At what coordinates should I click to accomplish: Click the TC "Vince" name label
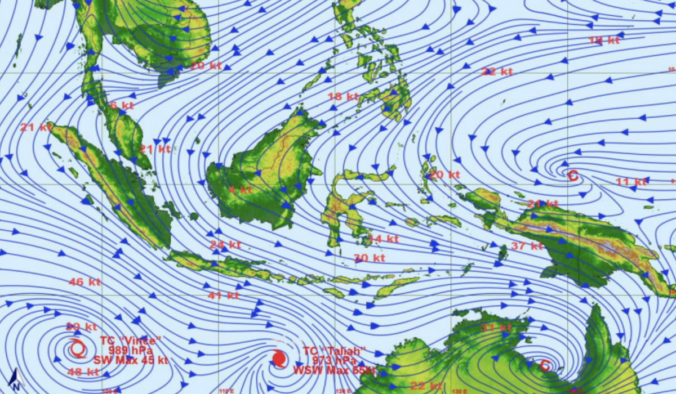tap(131, 341)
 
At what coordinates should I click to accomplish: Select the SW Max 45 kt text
tap(131, 360)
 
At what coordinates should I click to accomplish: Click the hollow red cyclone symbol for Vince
tap(78, 349)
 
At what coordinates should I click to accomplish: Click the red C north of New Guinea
tap(573, 176)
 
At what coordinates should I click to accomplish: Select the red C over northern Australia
tap(545, 365)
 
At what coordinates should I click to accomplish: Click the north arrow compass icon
tap(17, 380)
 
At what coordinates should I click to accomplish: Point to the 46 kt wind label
tap(84, 281)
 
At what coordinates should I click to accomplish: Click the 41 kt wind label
tap(224, 295)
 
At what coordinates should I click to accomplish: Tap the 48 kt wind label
tap(83, 371)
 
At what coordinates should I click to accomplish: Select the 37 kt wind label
tap(527, 245)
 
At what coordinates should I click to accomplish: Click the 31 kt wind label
tap(496, 328)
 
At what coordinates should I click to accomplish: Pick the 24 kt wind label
tap(225, 245)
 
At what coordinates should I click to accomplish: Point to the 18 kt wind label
tap(343, 96)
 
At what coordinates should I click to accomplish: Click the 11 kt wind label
tap(631, 181)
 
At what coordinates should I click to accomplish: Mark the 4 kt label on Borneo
tap(240, 190)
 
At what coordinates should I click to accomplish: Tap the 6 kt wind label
tap(122, 105)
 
